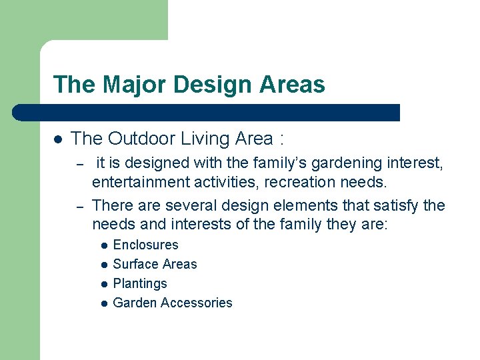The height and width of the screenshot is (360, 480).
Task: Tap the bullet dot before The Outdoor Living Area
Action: (58, 139)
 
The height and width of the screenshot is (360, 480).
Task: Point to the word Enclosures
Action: (146, 245)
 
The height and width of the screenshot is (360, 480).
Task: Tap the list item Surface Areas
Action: (155, 264)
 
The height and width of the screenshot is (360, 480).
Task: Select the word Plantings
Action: (140, 283)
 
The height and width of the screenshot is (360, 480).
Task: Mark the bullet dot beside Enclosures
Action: (104, 245)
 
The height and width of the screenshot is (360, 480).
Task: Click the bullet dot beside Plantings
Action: (104, 284)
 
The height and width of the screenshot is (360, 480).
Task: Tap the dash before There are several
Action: (78, 206)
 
